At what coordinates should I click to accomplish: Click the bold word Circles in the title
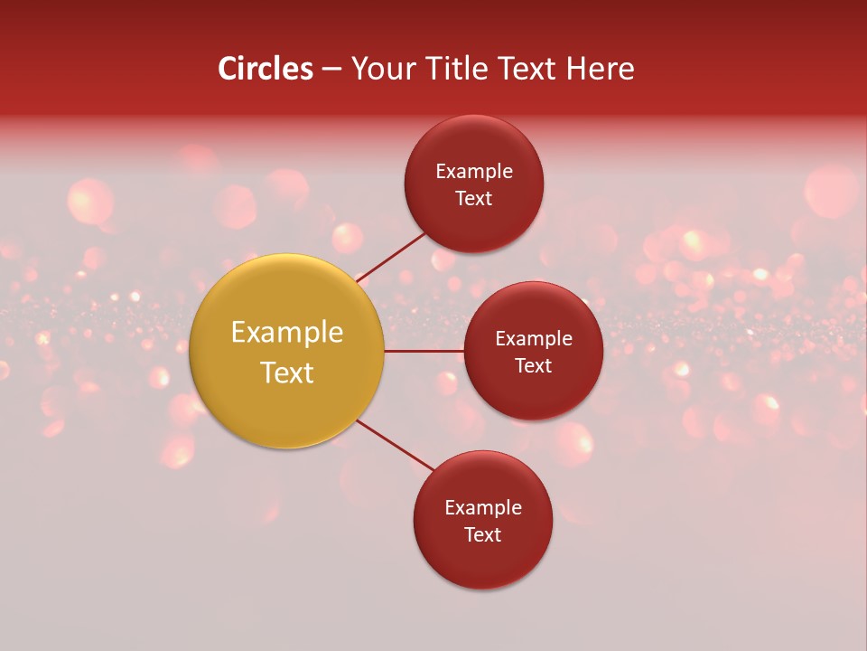click(266, 69)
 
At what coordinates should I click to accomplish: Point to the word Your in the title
click(383, 69)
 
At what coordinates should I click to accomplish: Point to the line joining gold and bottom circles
click(394, 444)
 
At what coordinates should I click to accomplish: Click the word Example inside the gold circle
click(287, 333)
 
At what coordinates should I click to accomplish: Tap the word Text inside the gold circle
click(287, 373)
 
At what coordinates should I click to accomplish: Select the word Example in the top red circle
click(474, 171)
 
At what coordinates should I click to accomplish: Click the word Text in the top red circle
click(474, 198)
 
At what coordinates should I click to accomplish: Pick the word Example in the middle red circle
click(534, 339)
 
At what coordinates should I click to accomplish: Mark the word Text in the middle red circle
click(534, 365)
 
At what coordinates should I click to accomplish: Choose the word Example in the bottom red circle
click(483, 507)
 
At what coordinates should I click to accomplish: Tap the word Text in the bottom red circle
click(483, 534)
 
